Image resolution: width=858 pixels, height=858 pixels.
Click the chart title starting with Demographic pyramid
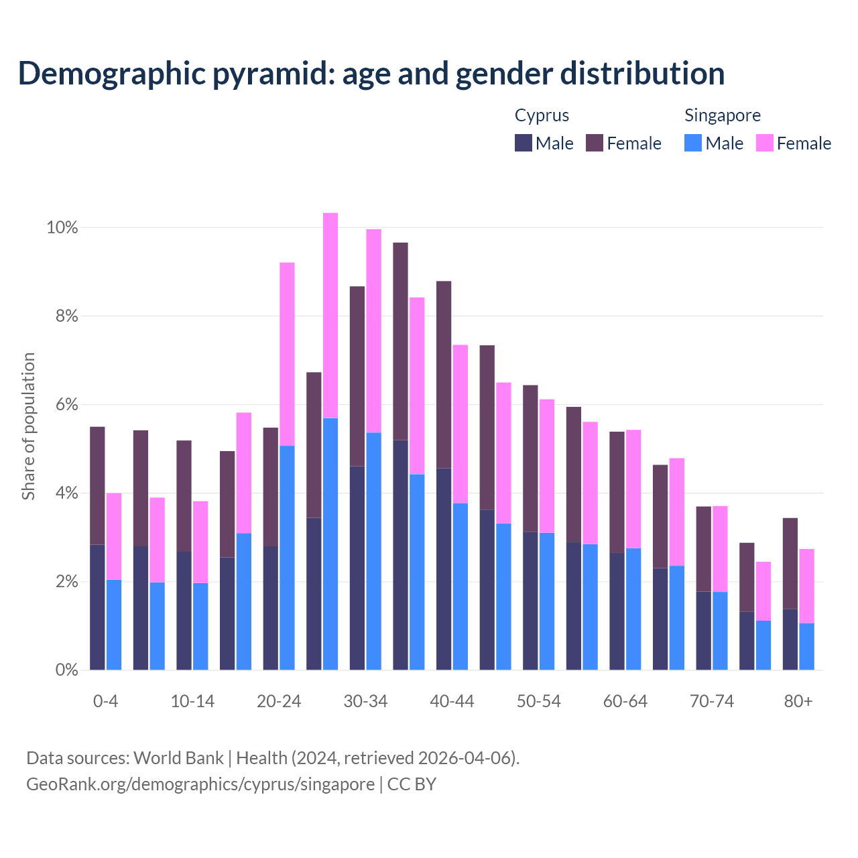tap(371, 74)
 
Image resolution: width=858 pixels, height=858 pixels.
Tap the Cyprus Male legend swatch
tap(524, 143)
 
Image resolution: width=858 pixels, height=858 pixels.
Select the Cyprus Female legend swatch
tap(595, 143)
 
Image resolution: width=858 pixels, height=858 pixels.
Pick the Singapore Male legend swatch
tap(693, 143)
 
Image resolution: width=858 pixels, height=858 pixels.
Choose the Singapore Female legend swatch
tap(765, 143)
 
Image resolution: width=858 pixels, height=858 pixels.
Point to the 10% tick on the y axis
tap(62, 228)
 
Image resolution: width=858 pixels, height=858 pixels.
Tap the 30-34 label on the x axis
tap(365, 702)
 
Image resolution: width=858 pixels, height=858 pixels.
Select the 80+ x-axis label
tap(798, 702)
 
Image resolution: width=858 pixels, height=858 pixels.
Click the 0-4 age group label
tap(106, 702)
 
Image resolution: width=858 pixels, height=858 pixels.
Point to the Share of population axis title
tap(28, 426)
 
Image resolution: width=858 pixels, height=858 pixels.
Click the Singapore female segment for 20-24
tap(287, 354)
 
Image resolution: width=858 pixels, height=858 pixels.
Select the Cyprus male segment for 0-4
tap(98, 607)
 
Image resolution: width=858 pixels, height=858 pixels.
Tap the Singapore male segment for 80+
tap(806, 646)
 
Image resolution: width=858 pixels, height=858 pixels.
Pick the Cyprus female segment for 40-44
tap(444, 374)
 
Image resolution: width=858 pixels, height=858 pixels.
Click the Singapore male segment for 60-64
tap(633, 609)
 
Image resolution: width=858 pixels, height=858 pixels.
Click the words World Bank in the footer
tap(178, 758)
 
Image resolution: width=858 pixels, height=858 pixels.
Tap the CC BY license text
tap(412, 784)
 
